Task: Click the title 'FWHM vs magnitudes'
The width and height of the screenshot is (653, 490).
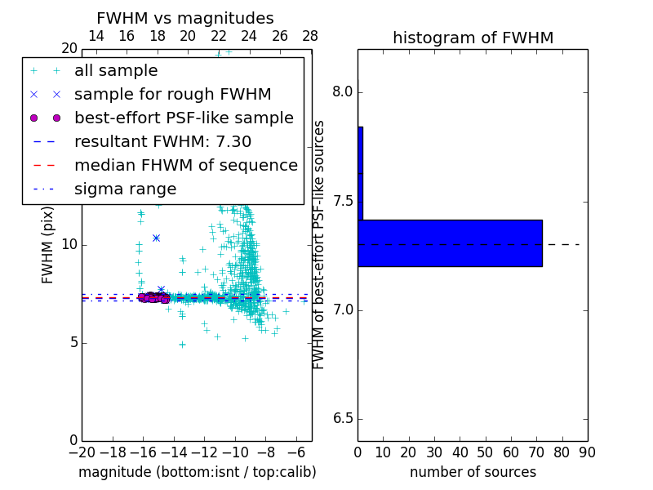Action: (x=185, y=18)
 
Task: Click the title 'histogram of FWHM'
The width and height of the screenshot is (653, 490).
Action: (x=473, y=38)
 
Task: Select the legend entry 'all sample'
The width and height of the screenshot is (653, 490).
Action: (x=116, y=71)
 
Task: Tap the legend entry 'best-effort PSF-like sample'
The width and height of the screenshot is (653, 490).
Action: (x=184, y=118)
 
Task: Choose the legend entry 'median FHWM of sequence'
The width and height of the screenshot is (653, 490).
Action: (x=185, y=165)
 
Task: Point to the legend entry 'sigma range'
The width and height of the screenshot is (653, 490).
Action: (x=125, y=189)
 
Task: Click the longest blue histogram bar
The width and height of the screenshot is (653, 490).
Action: (x=450, y=243)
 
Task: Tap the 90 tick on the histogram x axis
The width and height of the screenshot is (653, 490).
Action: (x=587, y=452)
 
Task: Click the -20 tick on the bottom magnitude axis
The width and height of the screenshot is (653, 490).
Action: (x=82, y=452)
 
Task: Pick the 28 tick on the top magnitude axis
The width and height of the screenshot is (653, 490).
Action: (x=311, y=36)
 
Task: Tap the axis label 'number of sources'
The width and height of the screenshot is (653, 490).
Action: (x=473, y=472)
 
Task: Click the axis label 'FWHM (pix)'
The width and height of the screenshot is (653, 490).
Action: (x=48, y=245)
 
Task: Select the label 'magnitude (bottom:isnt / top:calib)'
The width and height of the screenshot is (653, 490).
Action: (x=197, y=472)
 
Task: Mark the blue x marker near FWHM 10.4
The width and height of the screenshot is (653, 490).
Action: (x=156, y=238)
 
